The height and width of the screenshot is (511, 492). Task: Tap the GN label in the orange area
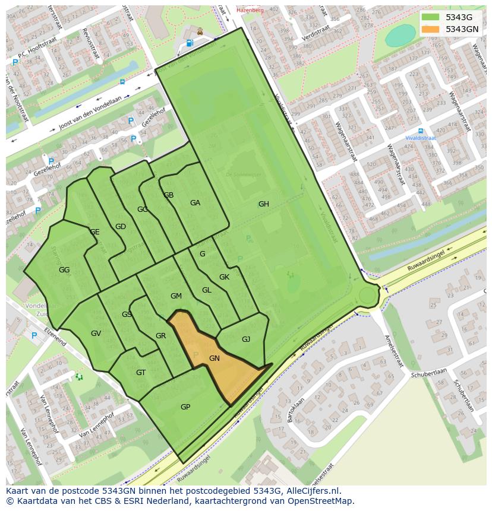pyautogui.click(x=215, y=358)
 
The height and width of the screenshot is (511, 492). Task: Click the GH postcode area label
pyautogui.click(x=263, y=204)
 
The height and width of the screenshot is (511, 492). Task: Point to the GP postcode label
pyautogui.click(x=185, y=407)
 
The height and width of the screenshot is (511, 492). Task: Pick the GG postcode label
pyautogui.click(x=64, y=270)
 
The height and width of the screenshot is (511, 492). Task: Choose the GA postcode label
pyautogui.click(x=195, y=203)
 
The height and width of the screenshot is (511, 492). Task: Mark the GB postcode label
pyautogui.click(x=169, y=195)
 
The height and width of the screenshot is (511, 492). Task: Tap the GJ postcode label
pyautogui.click(x=246, y=339)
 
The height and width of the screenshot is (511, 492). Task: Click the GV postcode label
pyautogui.click(x=96, y=334)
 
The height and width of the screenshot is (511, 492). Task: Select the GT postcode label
pyautogui.click(x=141, y=373)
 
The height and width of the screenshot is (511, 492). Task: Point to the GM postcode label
pyautogui.click(x=176, y=296)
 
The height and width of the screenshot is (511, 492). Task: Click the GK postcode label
pyautogui.click(x=224, y=277)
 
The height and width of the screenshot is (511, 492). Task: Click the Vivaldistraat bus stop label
pyautogui.click(x=421, y=138)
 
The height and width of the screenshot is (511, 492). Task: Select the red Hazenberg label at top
pyautogui.click(x=249, y=10)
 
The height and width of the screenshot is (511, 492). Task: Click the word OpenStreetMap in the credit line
pyautogui.click(x=323, y=501)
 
